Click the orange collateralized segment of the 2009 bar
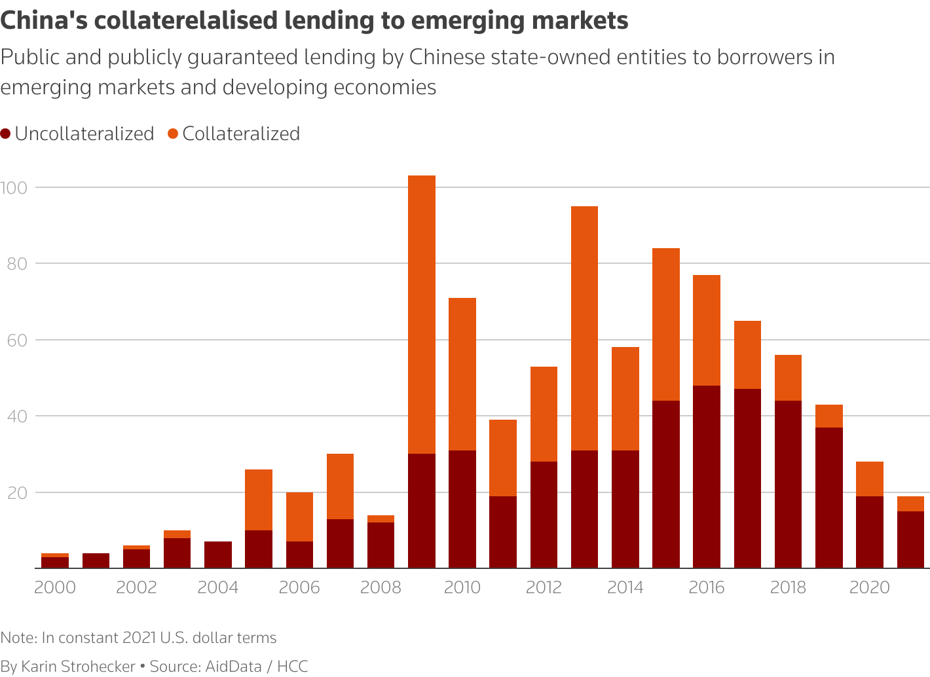tap(421, 314)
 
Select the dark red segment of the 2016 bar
tap(707, 477)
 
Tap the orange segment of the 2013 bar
tap(584, 327)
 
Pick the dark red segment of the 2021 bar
tap(910, 540)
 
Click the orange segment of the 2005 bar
tap(259, 500)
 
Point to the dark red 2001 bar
tap(96, 561)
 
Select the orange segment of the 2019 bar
tap(828, 416)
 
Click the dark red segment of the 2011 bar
tap(503, 532)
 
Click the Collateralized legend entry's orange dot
tap(173, 134)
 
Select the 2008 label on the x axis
tap(381, 587)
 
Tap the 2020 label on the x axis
tap(869, 587)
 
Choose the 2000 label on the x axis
tap(54, 587)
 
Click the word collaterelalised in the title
tap(187, 21)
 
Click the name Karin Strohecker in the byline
tap(78, 667)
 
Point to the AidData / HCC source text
tap(257, 667)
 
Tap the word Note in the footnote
tap(18, 638)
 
